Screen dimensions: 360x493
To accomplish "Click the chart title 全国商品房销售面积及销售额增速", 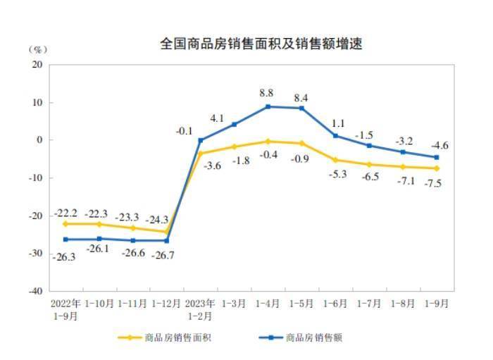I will [261, 44].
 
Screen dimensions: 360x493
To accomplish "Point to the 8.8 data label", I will [267, 92].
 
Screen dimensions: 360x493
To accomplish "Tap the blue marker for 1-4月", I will [268, 106].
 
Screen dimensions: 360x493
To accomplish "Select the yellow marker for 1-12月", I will [167, 232].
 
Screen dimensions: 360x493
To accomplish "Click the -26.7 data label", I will [167, 254].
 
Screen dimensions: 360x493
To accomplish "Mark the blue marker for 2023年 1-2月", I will [201, 139].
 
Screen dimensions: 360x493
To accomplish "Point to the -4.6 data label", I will [438, 146].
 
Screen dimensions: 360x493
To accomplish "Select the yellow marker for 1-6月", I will [335, 160].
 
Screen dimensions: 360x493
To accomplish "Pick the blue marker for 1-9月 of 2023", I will [436, 157].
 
